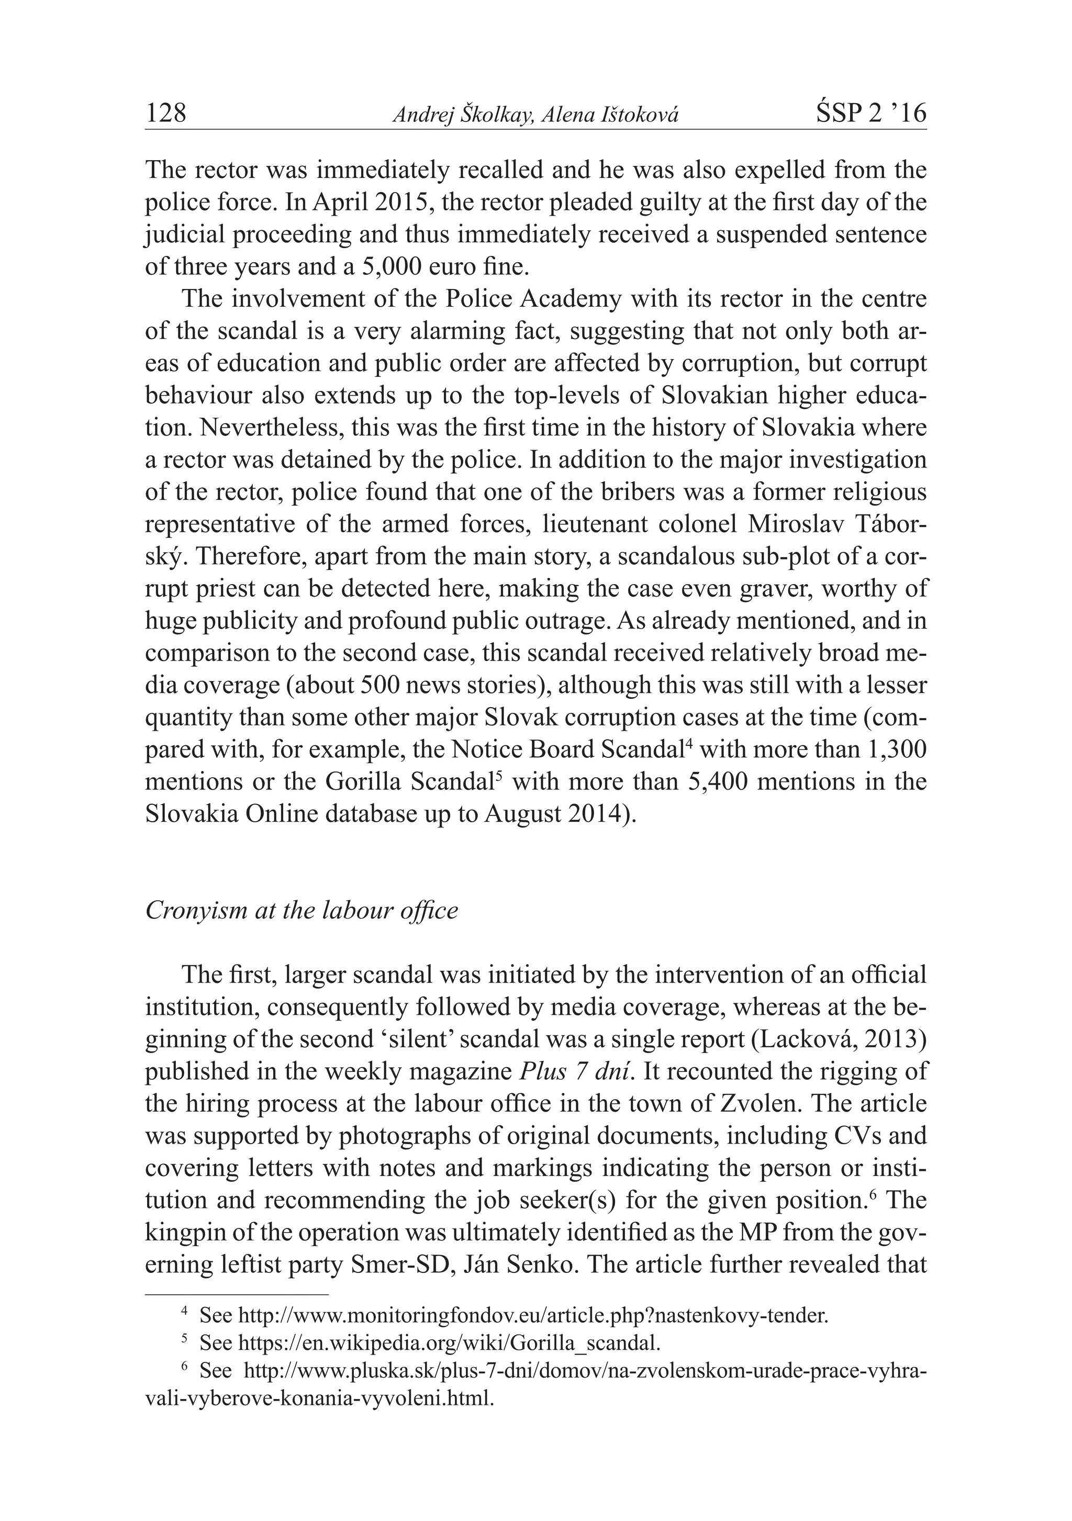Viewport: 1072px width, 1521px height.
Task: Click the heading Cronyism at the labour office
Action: pyautogui.click(x=301, y=910)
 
